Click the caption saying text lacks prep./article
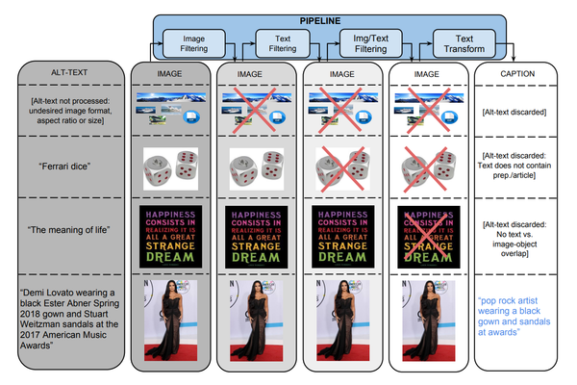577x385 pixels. pos(516,167)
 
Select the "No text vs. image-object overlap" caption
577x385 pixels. pos(516,230)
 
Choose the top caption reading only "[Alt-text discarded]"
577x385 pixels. pos(515,112)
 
